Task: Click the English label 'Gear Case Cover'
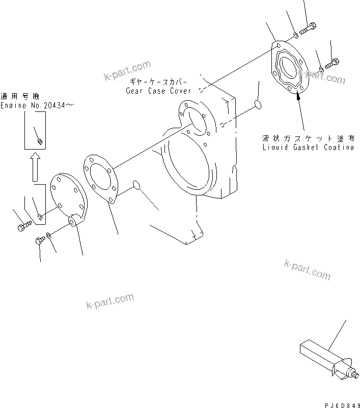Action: [158, 91]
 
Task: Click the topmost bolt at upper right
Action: [308, 30]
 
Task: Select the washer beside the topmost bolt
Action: [295, 35]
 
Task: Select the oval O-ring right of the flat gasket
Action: [137, 185]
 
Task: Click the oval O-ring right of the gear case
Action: [257, 105]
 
